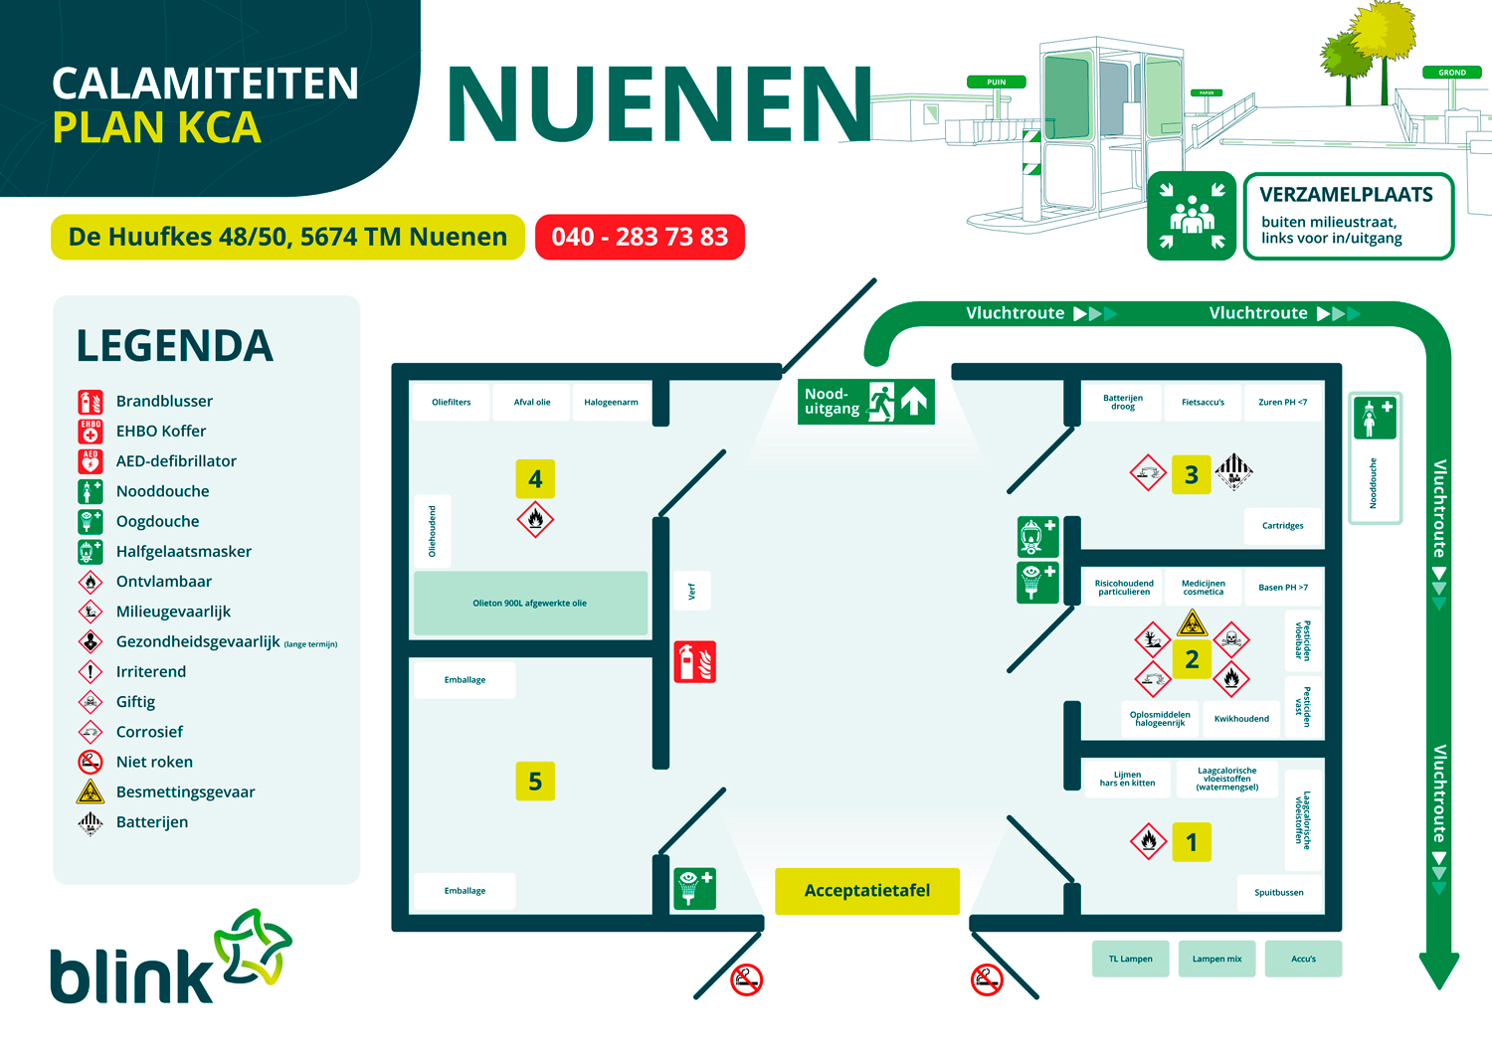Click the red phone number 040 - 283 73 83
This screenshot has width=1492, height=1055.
[640, 237]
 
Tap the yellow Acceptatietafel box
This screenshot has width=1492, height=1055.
[866, 891]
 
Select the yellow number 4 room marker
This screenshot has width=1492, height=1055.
[535, 479]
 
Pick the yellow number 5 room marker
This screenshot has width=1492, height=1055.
[535, 782]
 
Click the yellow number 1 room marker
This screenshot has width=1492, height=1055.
[1192, 843]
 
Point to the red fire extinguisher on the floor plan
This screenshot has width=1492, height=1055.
[695, 661]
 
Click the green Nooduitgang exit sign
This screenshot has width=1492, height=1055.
[866, 402]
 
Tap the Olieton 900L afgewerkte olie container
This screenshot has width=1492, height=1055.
[530, 604]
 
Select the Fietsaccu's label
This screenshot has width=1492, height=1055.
[1203, 403]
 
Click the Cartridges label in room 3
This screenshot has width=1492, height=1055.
[1282, 526]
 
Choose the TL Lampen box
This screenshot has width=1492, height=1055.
[1130, 960]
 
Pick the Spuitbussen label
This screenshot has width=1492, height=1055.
[1278, 893]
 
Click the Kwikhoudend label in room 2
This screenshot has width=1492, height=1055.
[1241, 719]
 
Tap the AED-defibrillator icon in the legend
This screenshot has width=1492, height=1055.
[91, 461]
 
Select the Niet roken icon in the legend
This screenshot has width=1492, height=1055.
[91, 763]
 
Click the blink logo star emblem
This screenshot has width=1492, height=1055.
[254, 946]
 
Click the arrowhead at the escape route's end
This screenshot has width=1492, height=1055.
[1438, 970]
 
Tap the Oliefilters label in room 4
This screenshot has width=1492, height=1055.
[451, 403]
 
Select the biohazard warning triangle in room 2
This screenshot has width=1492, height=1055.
[1192, 624]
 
